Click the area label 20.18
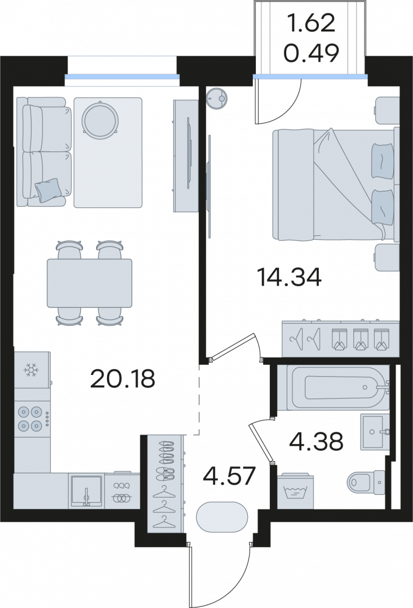[122, 379]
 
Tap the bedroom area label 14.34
[290, 277]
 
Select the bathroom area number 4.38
[316, 442]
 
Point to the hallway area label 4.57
[229, 476]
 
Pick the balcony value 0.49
[312, 53]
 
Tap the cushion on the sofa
[48, 190]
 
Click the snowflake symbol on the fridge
[30, 370]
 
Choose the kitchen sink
[87, 490]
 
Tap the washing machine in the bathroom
[296, 491]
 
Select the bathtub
[338, 387]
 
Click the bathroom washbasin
[375, 432]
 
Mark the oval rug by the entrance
[222, 517]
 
